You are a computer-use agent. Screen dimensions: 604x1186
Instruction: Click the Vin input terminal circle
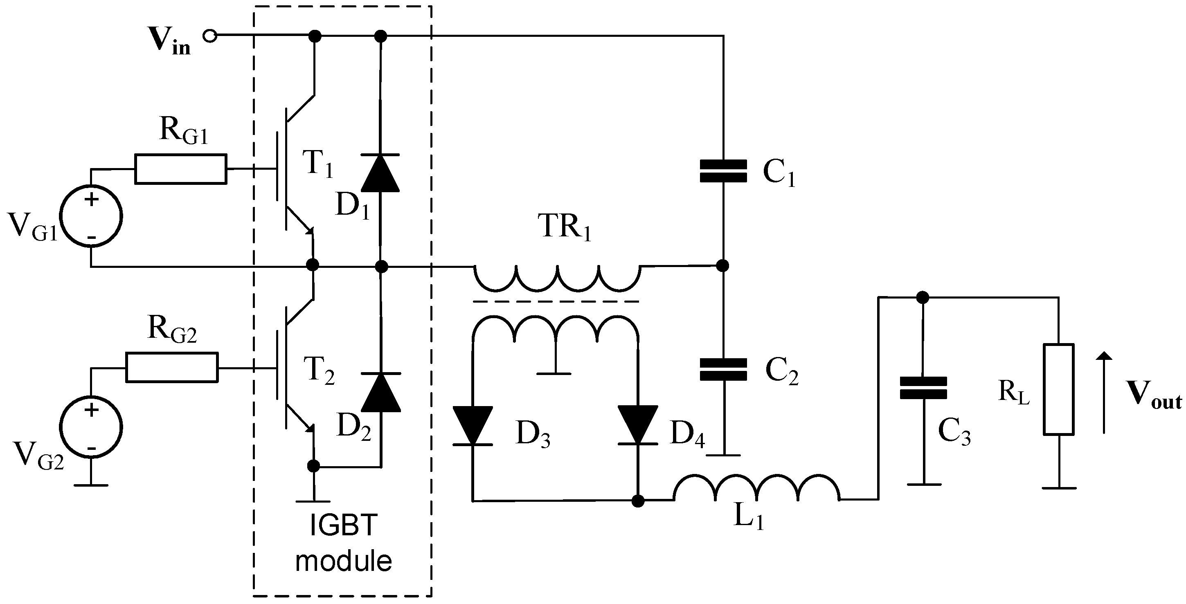[210, 36]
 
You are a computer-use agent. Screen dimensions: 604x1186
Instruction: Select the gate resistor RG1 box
[180, 169]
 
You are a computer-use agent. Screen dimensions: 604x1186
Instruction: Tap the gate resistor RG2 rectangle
[172, 367]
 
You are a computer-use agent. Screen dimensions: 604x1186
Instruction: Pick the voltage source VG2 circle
[91, 427]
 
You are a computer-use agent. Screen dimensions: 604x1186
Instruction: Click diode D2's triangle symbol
[381, 393]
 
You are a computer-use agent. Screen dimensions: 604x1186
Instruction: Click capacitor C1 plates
[723, 171]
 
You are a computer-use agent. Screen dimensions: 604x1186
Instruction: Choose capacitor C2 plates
[723, 370]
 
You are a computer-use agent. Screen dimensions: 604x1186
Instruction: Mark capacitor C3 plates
[923, 388]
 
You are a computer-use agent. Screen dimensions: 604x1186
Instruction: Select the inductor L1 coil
[756, 489]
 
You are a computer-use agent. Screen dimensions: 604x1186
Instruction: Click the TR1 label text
[566, 227]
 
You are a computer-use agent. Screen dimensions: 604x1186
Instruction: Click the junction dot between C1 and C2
[723, 266]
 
